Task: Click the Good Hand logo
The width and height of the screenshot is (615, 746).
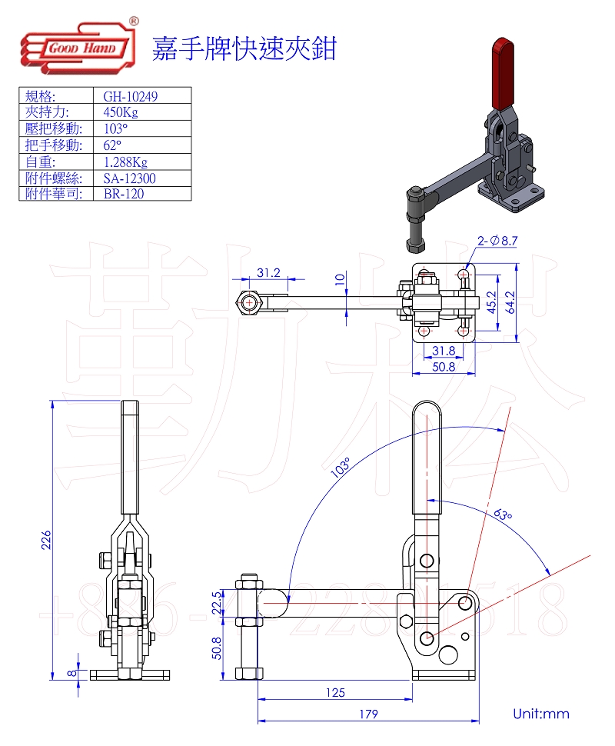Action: (73, 48)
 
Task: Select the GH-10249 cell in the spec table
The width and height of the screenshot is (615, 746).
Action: (124, 96)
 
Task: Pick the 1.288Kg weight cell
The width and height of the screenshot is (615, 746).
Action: (125, 162)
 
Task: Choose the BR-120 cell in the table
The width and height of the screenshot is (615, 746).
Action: (123, 194)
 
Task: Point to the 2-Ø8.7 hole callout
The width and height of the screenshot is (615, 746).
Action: (497, 241)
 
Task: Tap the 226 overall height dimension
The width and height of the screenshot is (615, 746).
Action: (46, 540)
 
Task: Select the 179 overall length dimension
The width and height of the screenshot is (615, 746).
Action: (368, 714)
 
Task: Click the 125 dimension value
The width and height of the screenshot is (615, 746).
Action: (334, 692)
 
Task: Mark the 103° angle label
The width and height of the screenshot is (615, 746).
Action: (341, 468)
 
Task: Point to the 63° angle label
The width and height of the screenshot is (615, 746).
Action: (502, 514)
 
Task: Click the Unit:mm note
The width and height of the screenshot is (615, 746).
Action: (541, 714)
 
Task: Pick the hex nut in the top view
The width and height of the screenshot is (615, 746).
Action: (250, 303)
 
